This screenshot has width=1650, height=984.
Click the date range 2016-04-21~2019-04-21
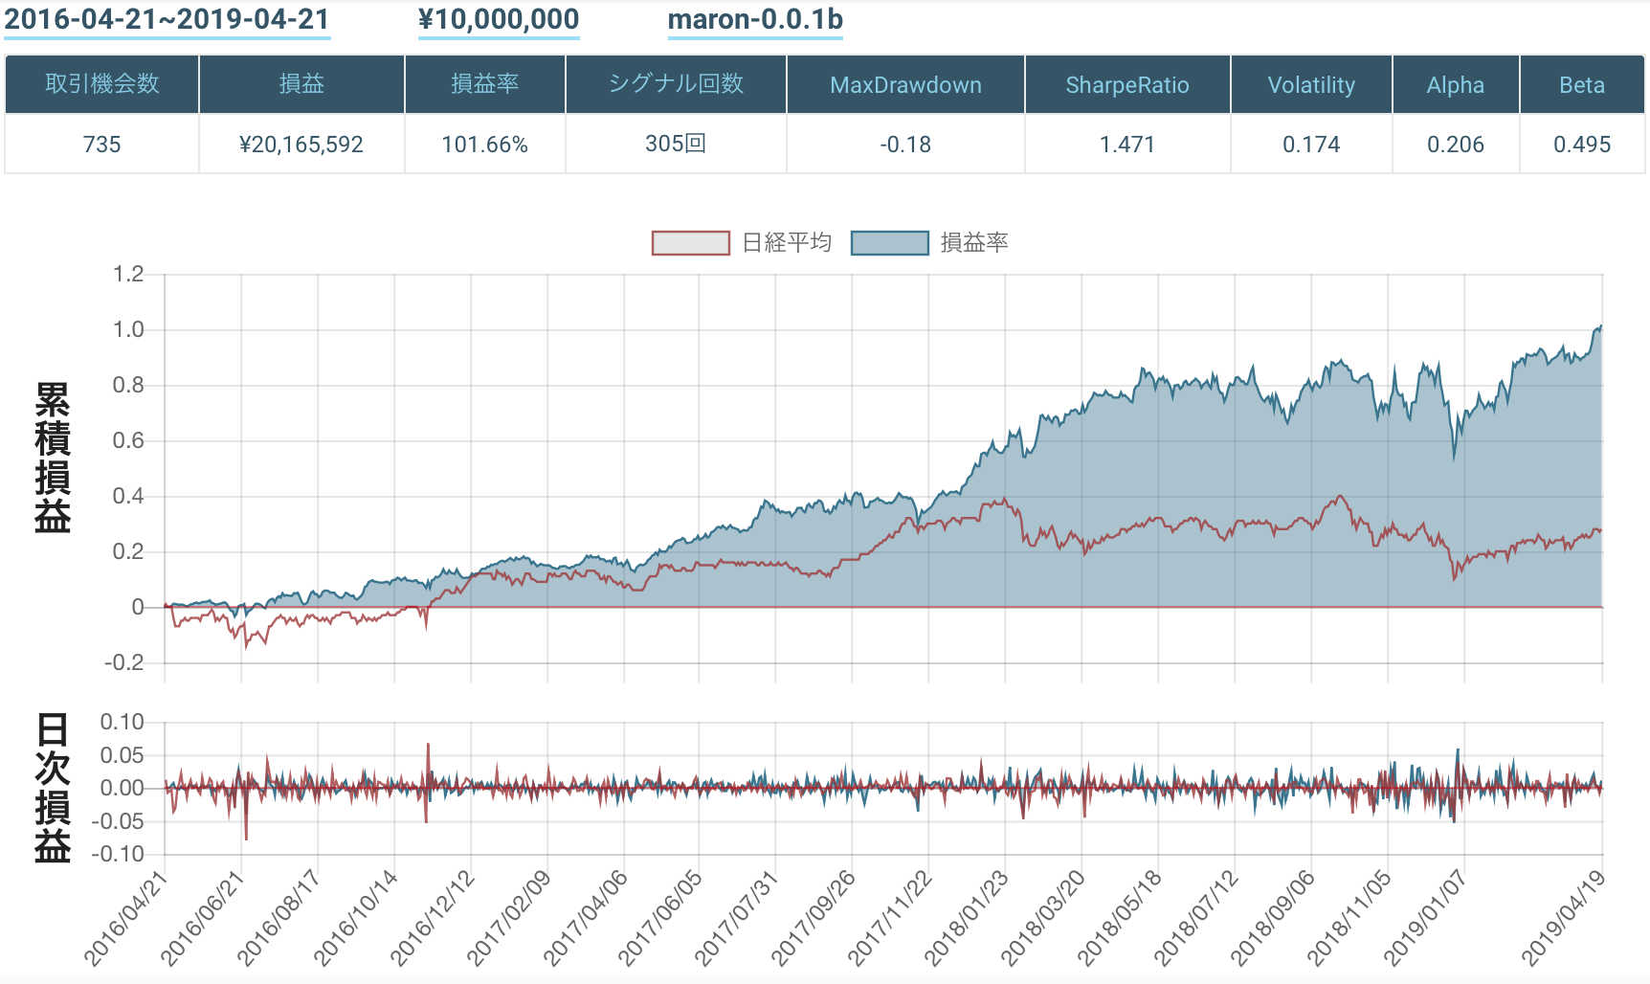click(167, 20)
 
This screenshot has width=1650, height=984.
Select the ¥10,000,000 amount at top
click(499, 20)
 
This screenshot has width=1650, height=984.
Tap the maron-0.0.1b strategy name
click(755, 20)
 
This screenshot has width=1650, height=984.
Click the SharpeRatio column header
click(1126, 85)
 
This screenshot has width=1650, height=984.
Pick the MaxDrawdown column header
click(905, 85)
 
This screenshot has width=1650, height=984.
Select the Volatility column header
click(1311, 85)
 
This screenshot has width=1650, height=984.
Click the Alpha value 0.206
click(1455, 145)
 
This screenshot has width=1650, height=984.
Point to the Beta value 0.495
click(1582, 145)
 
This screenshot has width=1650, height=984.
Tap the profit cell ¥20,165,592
click(301, 145)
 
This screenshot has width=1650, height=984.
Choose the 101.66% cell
click(484, 145)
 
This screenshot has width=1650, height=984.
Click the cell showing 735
click(102, 145)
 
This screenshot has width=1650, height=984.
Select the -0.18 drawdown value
click(905, 145)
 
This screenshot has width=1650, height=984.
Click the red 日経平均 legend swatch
click(690, 243)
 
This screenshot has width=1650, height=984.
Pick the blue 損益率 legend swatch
click(889, 243)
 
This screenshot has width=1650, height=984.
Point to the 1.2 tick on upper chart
click(128, 275)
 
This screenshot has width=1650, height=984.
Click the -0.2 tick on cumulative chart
click(124, 662)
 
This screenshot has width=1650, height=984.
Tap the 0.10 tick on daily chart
click(122, 722)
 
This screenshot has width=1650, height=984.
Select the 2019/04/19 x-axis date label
click(1564, 919)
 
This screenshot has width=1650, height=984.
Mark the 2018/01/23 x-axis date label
click(967, 919)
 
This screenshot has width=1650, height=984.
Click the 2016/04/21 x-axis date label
click(125, 919)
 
